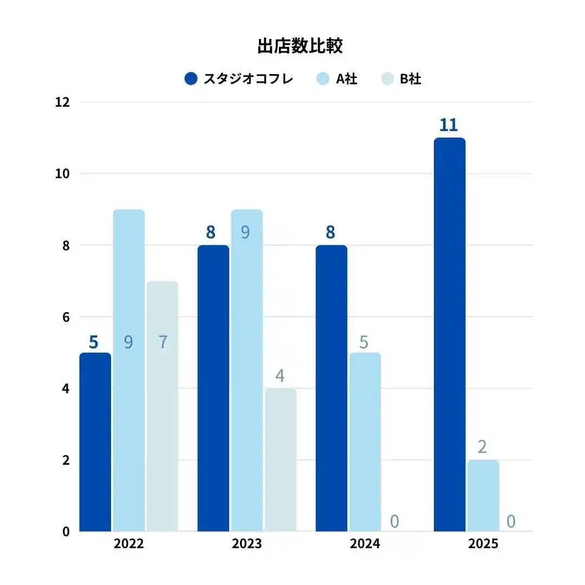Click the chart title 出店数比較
click(x=300, y=47)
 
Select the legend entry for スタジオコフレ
click(x=239, y=79)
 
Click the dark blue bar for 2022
click(x=95, y=441)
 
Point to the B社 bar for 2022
click(x=162, y=406)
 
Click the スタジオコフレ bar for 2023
click(x=213, y=388)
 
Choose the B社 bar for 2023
click(x=281, y=459)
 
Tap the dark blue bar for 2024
click(x=331, y=388)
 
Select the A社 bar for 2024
click(x=365, y=441)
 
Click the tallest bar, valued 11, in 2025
click(x=449, y=334)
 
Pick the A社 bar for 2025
click(x=483, y=495)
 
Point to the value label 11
click(x=448, y=125)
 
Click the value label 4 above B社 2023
click(x=280, y=375)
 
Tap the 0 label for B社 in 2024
click(x=394, y=521)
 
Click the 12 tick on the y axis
click(x=63, y=102)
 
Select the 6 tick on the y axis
click(x=66, y=317)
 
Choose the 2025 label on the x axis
click(x=483, y=544)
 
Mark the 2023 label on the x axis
click(x=246, y=544)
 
